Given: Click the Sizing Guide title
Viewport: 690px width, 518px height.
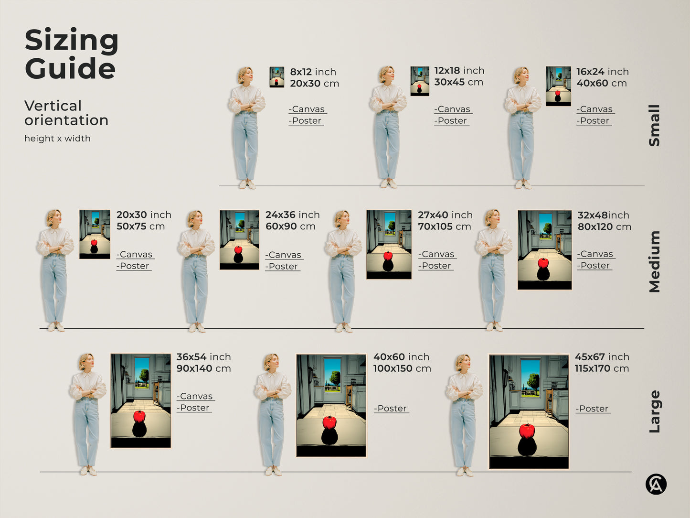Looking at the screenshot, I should pos(72,54).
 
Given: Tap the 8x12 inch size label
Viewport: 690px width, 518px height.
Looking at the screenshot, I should pos(313,72).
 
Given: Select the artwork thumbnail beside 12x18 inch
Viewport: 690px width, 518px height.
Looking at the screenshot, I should pos(420,81).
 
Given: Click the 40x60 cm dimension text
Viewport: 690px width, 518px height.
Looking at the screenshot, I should pos(601,83).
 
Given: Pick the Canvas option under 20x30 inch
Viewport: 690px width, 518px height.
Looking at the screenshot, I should pos(136,254).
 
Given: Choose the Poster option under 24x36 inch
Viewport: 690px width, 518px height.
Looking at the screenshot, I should pos(283,266).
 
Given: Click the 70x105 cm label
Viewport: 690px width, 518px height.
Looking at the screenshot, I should pos(444,227).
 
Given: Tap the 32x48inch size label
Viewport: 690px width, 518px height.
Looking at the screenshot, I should pos(603,215).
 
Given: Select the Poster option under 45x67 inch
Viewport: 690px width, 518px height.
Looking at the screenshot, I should pos(593,409).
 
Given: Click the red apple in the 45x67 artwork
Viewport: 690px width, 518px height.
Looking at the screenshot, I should pos(527,431).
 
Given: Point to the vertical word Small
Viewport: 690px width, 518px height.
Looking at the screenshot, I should pos(654,125).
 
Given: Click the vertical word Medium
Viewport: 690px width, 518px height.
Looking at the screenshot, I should pos(654,261).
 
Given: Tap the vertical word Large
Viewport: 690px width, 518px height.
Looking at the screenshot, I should pos(654,411).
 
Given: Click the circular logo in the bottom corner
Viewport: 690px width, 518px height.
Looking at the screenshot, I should pos(656,484).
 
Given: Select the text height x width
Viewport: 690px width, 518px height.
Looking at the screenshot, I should pos(57,138).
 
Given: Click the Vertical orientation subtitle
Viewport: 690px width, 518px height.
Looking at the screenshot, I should pos(66,113).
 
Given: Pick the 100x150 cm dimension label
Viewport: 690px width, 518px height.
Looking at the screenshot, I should pos(402,368).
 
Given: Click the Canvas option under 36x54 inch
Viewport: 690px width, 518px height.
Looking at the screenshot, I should pos(196,396).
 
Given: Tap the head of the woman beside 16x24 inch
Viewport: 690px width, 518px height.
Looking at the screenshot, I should pos(521,75).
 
